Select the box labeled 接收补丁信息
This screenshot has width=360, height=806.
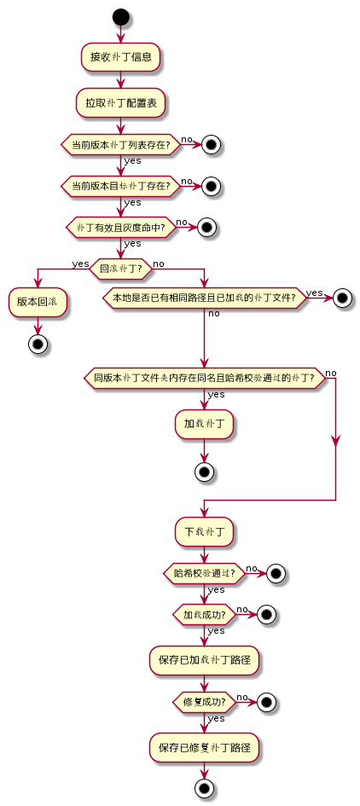(120, 57)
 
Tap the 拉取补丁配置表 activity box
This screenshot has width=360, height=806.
(120, 102)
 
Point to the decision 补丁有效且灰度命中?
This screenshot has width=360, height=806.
(120, 227)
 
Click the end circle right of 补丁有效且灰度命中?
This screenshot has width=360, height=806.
(205, 227)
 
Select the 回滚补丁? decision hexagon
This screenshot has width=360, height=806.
(120, 268)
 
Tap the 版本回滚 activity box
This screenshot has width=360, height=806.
(38, 302)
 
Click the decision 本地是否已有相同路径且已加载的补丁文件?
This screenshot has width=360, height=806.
(204, 298)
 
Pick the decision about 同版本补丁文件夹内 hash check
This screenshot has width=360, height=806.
(204, 378)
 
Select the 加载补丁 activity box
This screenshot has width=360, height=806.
(204, 423)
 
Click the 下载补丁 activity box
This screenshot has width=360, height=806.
(204, 531)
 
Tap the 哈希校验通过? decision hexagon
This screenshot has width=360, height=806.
(204, 573)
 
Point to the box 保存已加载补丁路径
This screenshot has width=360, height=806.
(204, 659)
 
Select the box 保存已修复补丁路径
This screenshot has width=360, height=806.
(204, 746)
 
